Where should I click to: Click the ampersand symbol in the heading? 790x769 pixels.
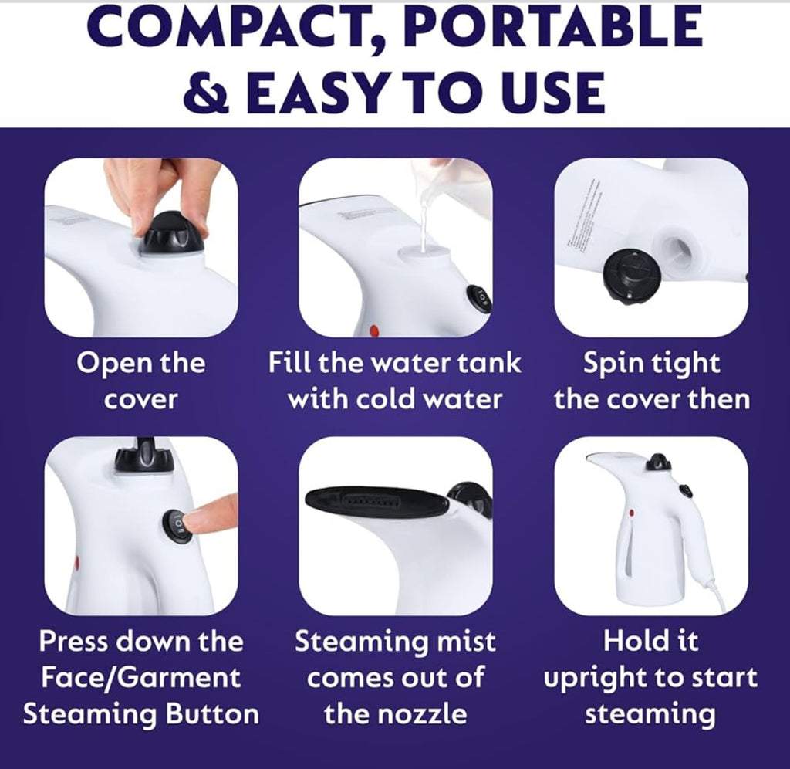click(x=208, y=93)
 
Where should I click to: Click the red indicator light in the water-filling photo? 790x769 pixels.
click(x=374, y=330)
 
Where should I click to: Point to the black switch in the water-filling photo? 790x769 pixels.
click(x=478, y=299)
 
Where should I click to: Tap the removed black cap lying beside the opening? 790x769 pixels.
click(x=633, y=276)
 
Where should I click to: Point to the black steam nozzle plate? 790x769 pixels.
click(x=376, y=502)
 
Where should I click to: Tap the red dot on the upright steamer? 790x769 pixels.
click(x=631, y=513)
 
